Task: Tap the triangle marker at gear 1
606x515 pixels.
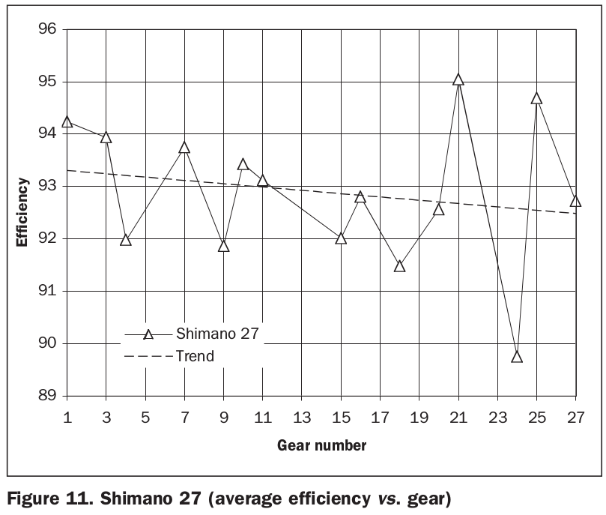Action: (67, 121)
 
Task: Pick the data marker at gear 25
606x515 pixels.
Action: (536, 98)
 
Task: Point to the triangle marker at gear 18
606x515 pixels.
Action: (399, 266)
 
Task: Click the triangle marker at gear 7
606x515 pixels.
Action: (184, 148)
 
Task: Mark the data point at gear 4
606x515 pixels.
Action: (126, 240)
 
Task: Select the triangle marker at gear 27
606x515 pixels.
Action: (575, 201)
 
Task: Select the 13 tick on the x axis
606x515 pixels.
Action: (301, 415)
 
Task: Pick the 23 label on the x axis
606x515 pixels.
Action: (497, 415)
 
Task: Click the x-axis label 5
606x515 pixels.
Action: (145, 415)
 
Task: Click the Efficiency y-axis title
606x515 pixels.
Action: (24, 213)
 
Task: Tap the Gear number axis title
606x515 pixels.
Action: (321, 447)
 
